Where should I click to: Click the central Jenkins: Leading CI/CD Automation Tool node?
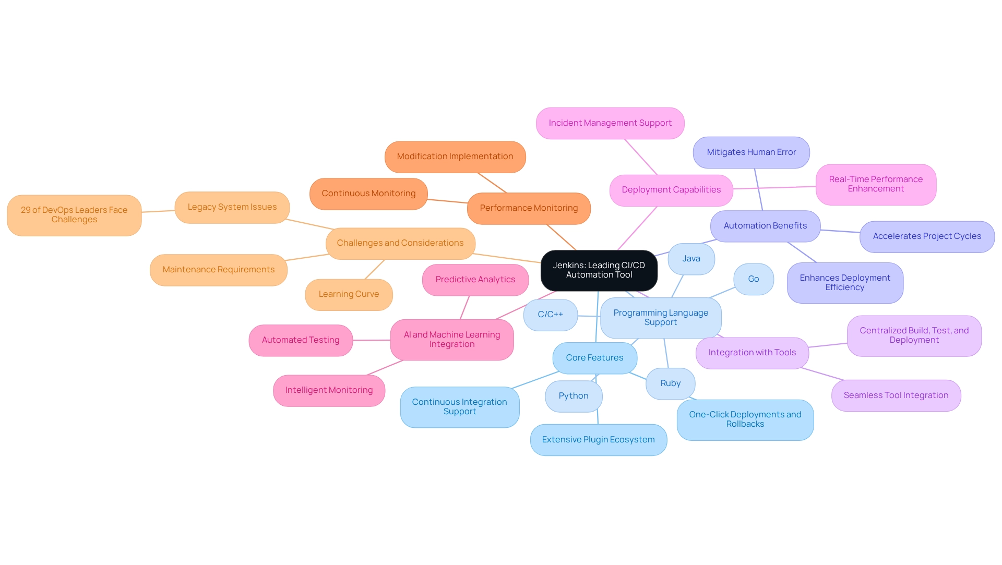pos(599,270)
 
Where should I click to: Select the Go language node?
pos(753,279)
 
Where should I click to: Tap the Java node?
pos(691,259)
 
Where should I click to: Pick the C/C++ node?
pos(550,315)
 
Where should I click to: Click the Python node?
pos(573,396)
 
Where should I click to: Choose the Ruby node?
pos(670,383)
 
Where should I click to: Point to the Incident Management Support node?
pos(610,123)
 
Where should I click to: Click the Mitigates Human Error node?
pos(751,152)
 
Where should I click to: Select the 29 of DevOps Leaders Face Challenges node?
pos(74,215)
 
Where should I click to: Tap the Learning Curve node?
pos(349,294)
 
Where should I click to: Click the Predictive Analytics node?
pos(475,280)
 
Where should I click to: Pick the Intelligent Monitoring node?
pos(329,390)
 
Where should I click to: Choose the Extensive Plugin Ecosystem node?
pos(598,440)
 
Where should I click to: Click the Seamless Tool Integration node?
pos(896,395)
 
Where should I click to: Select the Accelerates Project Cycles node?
pos(926,236)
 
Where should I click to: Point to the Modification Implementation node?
pos(455,157)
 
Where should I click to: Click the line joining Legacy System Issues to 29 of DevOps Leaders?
pos(158,211)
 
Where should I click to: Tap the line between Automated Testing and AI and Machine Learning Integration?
pos(372,340)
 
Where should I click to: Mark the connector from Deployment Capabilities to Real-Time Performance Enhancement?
pos(774,187)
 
